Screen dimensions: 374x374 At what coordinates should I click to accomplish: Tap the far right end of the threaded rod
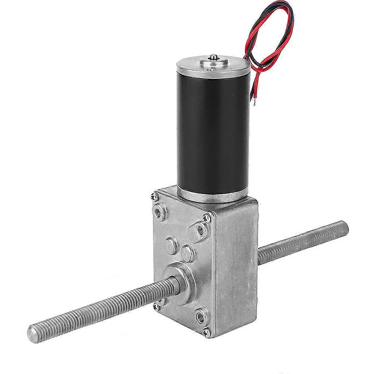344,226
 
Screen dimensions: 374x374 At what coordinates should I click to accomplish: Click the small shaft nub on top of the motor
213,57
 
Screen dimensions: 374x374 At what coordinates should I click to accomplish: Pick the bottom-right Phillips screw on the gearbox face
205,331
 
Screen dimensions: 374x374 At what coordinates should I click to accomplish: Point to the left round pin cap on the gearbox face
171,244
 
